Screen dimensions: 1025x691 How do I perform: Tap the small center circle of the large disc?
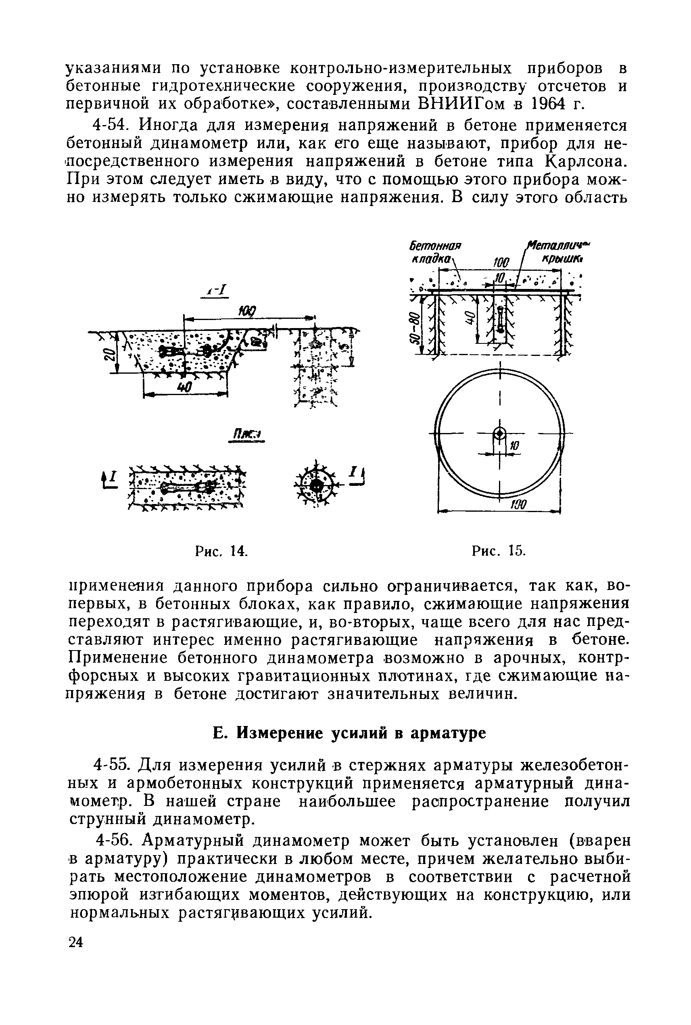[499, 434]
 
